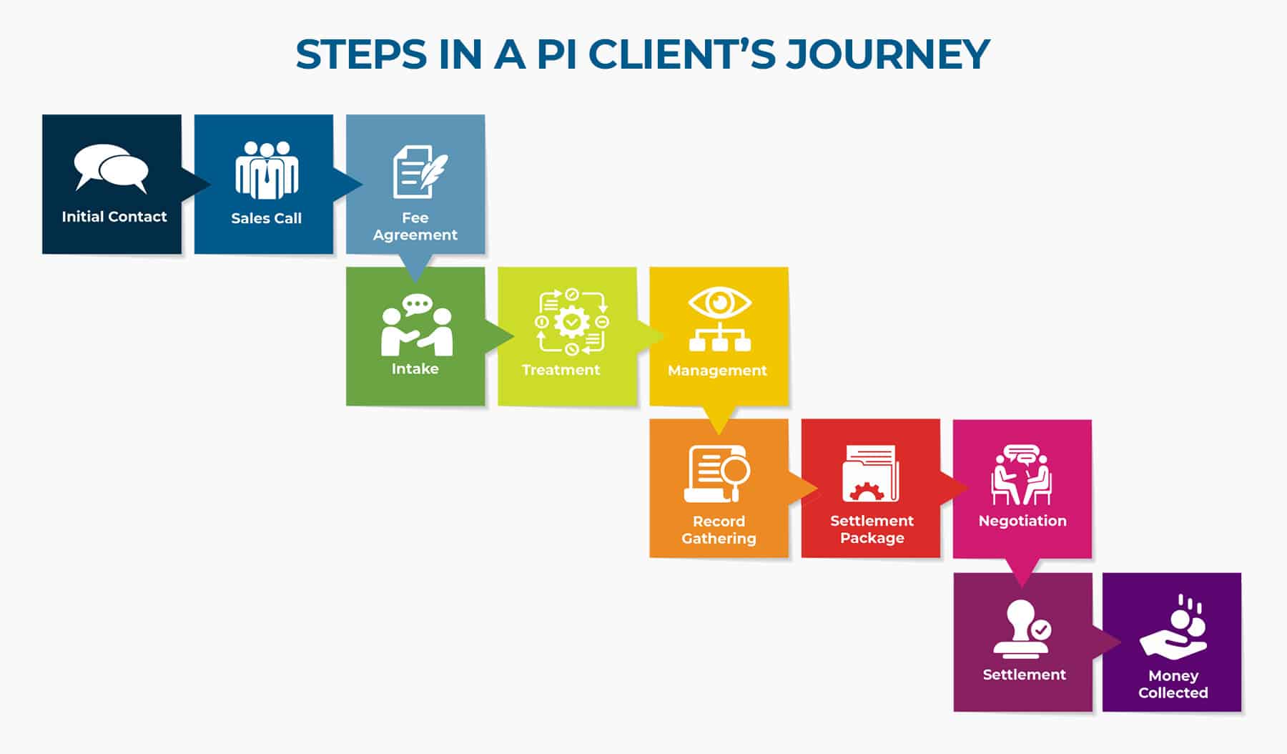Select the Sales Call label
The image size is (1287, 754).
click(266, 218)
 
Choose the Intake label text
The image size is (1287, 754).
click(415, 369)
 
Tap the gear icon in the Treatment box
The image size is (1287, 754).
click(571, 322)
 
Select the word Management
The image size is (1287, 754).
click(717, 371)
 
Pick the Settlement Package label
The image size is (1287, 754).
click(872, 529)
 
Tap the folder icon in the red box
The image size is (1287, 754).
click(870, 474)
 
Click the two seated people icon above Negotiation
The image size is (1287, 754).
click(1022, 475)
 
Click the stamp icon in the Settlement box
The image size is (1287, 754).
click(1020, 629)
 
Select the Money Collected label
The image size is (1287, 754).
click(1173, 684)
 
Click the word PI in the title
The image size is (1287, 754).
click(556, 54)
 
